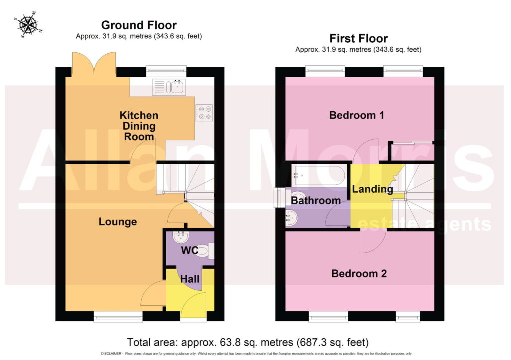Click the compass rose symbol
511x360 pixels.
point(28,25)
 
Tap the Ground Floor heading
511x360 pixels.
point(139,25)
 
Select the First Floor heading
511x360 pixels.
point(358,38)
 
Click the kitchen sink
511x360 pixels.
point(169,87)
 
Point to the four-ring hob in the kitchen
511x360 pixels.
point(204,113)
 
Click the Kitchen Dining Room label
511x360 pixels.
point(139,126)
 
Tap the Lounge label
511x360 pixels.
point(118,222)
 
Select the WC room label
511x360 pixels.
point(189,250)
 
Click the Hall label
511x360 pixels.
point(190,279)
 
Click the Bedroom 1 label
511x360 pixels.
point(356,115)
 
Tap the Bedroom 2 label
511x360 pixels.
point(359,273)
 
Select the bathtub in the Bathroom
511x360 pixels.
point(319,175)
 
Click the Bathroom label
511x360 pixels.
point(316,200)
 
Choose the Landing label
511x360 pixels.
point(372,189)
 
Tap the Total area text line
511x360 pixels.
point(248,342)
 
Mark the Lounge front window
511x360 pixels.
point(118,316)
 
